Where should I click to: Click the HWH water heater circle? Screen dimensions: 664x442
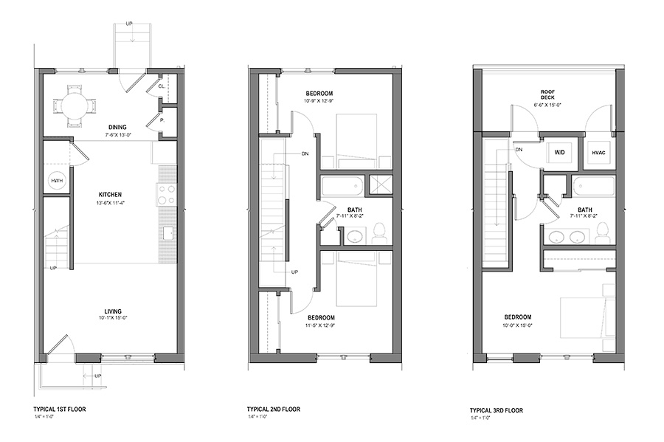click(x=57, y=181)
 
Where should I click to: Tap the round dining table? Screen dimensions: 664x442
click(x=74, y=104)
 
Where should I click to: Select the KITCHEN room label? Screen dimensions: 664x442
click(x=110, y=195)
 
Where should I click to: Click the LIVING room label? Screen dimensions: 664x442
click(x=113, y=311)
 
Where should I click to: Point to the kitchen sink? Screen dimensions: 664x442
click(x=168, y=233)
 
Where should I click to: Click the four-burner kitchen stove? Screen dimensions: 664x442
click(x=167, y=195)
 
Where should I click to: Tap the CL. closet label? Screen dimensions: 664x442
click(x=162, y=86)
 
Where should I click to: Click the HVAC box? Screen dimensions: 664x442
click(x=598, y=153)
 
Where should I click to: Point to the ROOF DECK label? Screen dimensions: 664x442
click(x=547, y=94)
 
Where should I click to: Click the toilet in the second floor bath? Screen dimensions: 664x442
click(x=379, y=233)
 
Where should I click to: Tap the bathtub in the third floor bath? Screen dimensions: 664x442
click(x=594, y=186)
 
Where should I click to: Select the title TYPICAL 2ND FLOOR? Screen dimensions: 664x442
click(x=274, y=410)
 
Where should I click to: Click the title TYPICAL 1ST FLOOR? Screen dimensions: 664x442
click(x=60, y=410)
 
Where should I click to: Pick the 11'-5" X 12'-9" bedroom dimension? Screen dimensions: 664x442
click(x=321, y=325)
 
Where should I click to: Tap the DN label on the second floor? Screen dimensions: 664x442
click(x=305, y=153)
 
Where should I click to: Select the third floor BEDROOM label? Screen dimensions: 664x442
click(x=517, y=317)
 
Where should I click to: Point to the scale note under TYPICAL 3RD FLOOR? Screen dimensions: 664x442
click(x=480, y=418)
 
